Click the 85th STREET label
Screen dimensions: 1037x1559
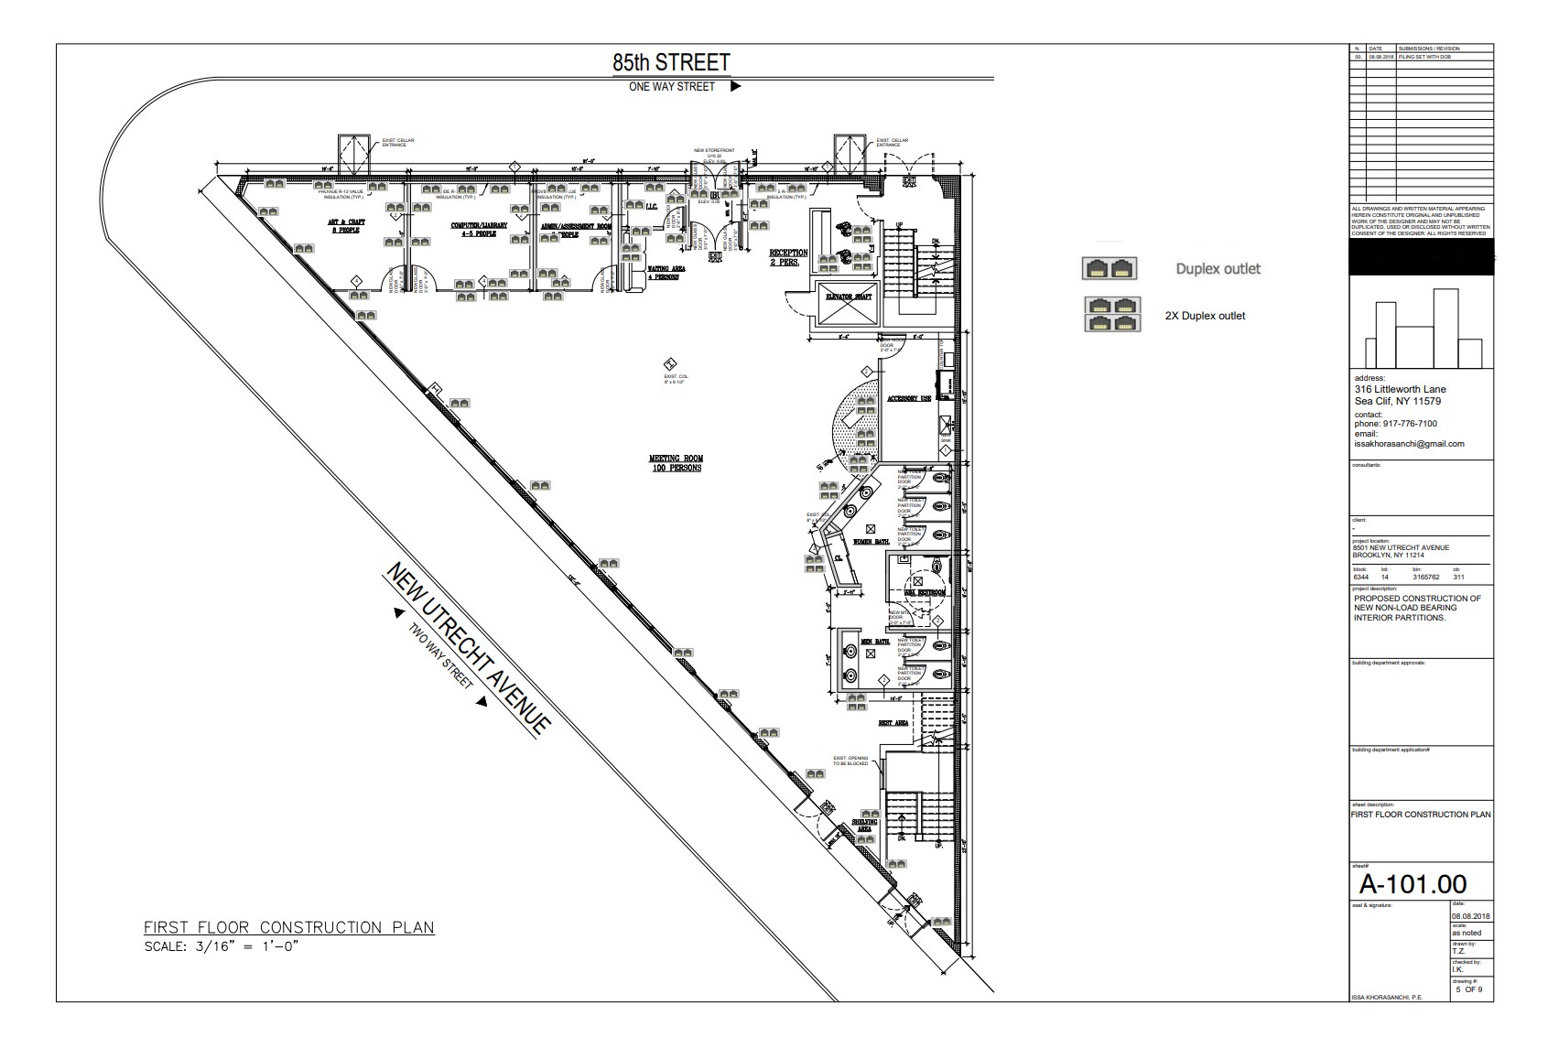tap(671, 62)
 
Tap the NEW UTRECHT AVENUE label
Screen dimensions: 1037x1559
tap(468, 648)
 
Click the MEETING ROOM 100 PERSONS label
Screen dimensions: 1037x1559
tap(676, 463)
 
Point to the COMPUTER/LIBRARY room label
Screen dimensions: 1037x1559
tap(472, 229)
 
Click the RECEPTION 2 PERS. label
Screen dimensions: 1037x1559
tap(788, 257)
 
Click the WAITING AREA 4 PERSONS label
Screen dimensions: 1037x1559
tap(666, 273)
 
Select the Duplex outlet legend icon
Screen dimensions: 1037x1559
tap(1110, 268)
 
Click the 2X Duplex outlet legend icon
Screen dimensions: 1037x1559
tap(1110, 314)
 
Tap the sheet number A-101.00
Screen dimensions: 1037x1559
tap(1413, 883)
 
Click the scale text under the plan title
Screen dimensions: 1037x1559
tap(222, 946)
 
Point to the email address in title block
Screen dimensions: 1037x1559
tap(1409, 444)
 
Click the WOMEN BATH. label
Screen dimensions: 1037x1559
tap(871, 542)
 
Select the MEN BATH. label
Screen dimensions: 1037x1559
tap(875, 642)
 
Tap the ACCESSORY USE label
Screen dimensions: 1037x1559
tap(908, 399)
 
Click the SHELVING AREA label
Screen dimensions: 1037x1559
tap(865, 825)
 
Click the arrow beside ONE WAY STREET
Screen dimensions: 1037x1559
tap(735, 87)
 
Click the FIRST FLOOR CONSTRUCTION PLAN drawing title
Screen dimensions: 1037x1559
tap(289, 927)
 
